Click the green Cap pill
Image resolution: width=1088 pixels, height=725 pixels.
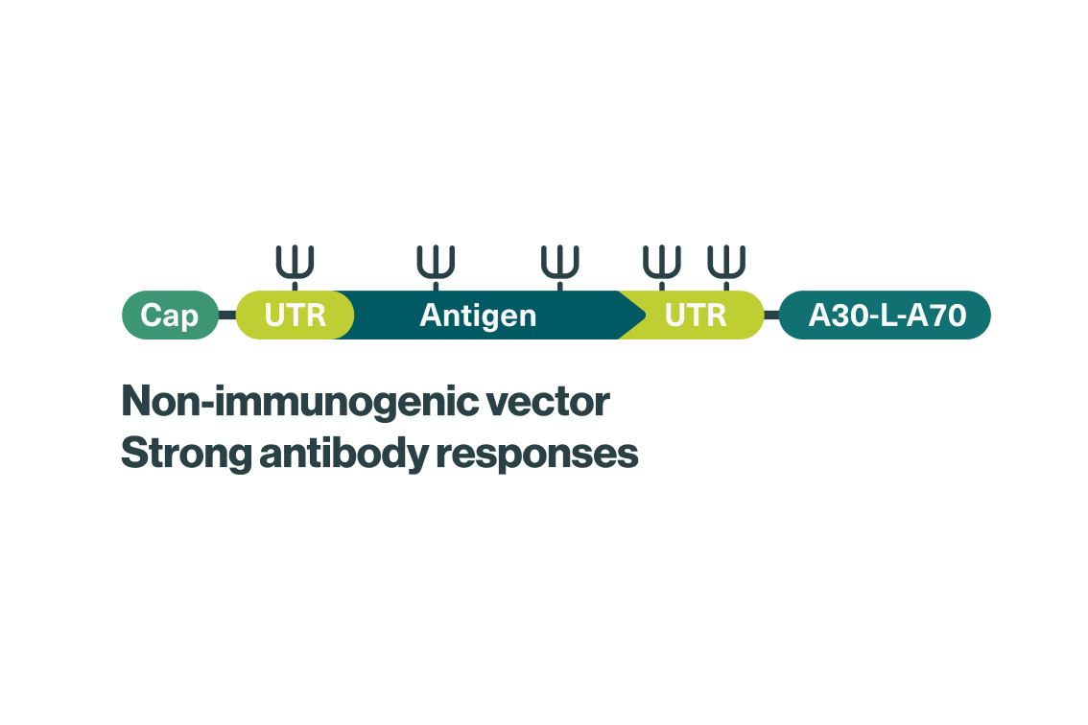170,315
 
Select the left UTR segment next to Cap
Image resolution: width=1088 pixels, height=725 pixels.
295,315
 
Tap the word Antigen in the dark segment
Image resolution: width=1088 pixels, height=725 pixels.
478,316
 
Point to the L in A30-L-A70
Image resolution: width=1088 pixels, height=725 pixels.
887,316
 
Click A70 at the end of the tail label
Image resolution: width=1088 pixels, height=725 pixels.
936,316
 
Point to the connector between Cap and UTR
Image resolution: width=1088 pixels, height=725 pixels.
227,315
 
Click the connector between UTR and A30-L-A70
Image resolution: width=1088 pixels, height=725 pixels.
771,315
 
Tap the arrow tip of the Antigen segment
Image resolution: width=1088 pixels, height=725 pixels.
646,315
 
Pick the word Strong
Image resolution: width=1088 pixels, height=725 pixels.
186,455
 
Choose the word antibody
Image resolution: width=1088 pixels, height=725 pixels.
343,455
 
